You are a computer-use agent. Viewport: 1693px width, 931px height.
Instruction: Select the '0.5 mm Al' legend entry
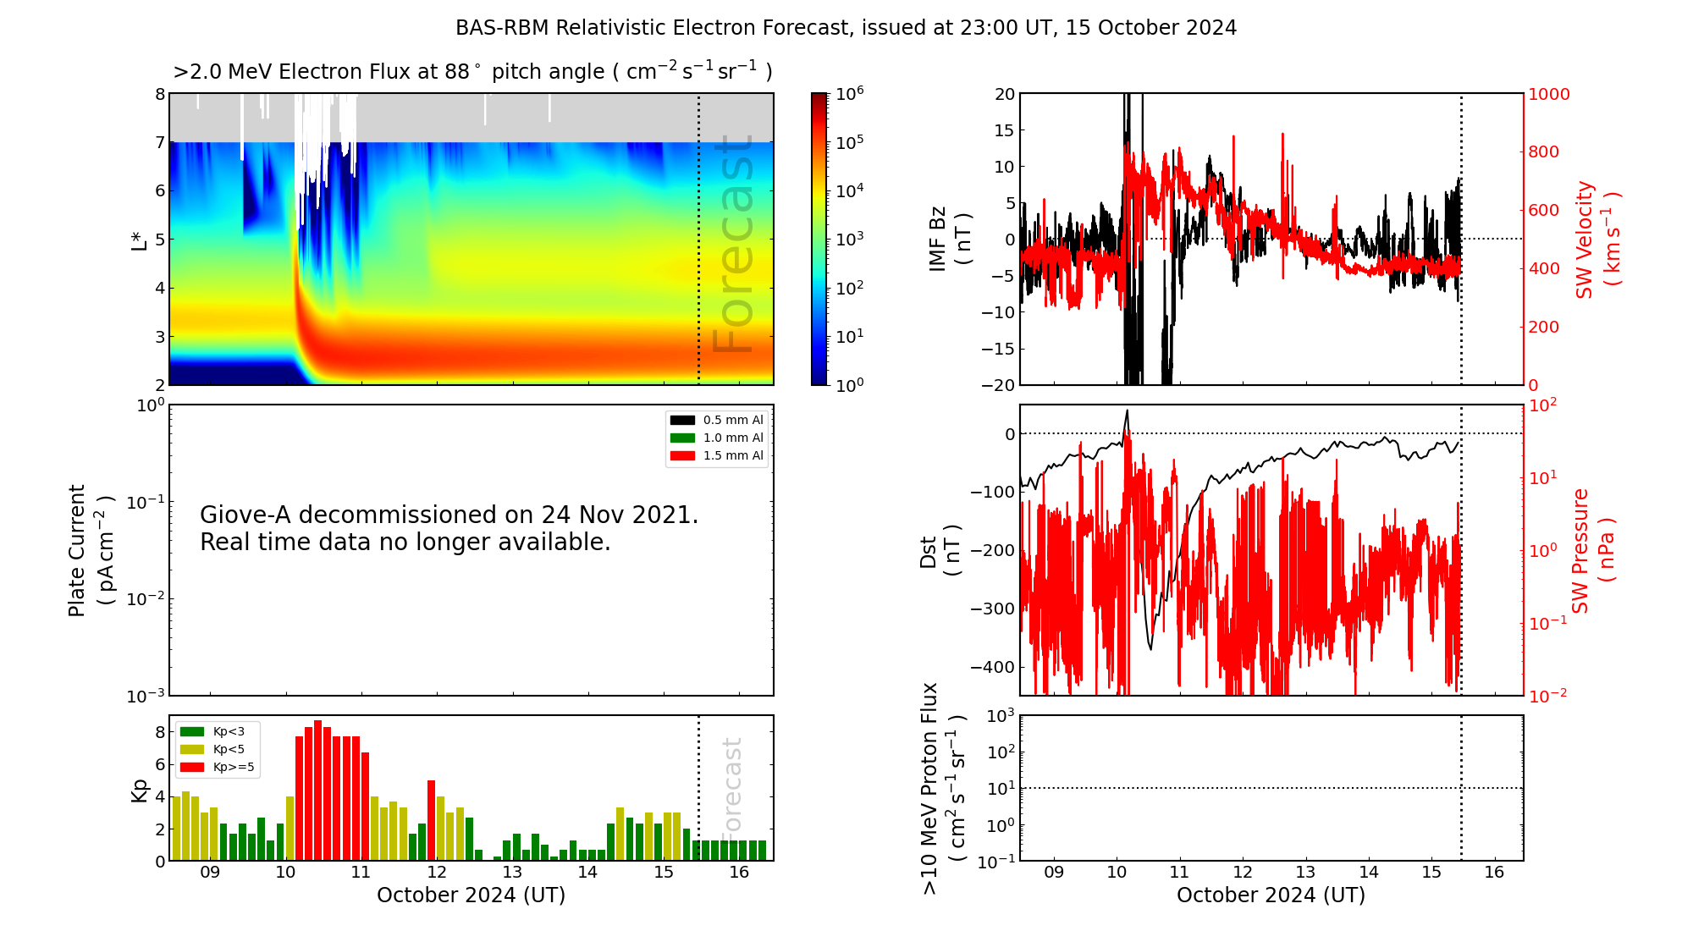(732, 420)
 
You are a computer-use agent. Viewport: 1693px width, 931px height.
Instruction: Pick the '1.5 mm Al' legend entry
(732, 455)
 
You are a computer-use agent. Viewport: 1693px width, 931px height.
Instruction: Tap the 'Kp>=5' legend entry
(233, 767)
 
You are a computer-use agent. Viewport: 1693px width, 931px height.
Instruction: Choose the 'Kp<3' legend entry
(228, 731)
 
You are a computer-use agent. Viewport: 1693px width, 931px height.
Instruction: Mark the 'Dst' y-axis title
(940, 550)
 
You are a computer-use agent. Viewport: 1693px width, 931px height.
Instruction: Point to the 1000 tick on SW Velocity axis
(1548, 94)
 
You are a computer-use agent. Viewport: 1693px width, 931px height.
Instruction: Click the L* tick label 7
(160, 142)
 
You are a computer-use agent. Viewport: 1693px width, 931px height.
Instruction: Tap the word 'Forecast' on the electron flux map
(733, 245)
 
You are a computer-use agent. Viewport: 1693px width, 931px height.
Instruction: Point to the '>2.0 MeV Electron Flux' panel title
(472, 72)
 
